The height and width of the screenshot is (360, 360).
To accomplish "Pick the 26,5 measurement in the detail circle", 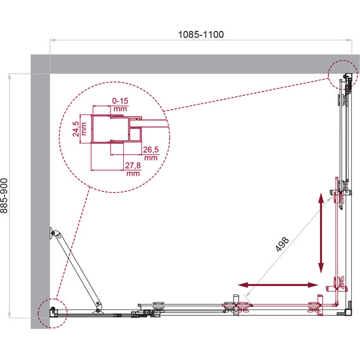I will [x=150, y=150].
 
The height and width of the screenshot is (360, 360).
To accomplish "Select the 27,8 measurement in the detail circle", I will [x=132, y=165].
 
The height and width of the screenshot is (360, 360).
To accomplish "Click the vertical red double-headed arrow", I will [x=321, y=231].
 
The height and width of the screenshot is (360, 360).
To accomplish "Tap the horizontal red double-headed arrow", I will [x=278, y=285].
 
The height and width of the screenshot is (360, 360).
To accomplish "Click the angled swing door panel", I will [x=77, y=272].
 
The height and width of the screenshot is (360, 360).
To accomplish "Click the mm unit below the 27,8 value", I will [x=132, y=173].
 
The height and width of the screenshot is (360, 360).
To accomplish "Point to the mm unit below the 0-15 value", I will [x=119, y=109].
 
